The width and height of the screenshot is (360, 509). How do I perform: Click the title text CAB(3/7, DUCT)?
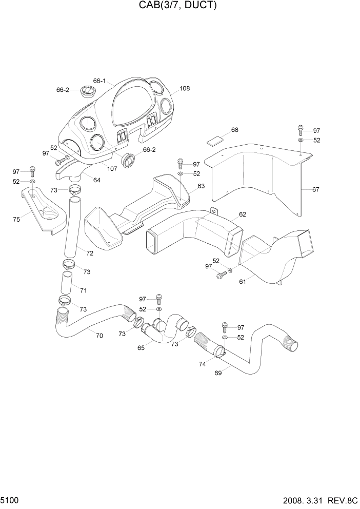point(177,6)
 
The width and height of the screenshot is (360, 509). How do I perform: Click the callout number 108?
point(185,88)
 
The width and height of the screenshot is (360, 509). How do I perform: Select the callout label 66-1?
point(99,81)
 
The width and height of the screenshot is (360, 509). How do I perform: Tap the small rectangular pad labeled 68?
point(215,139)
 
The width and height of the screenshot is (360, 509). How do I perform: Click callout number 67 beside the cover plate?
point(315,189)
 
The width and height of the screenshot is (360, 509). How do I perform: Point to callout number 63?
point(201,186)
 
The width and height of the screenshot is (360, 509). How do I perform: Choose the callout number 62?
point(242,214)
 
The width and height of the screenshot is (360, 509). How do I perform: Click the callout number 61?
point(243,282)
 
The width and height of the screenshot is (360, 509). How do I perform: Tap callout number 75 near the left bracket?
point(16,219)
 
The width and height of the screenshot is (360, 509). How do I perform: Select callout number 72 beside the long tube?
point(90,253)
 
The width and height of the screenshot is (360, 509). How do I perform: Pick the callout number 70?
point(99,336)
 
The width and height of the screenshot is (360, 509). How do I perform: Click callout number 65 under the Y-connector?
point(141,347)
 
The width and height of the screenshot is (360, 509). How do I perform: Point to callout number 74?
point(202,364)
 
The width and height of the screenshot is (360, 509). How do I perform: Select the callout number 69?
point(218,373)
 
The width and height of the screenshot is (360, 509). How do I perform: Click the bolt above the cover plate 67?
point(301,129)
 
